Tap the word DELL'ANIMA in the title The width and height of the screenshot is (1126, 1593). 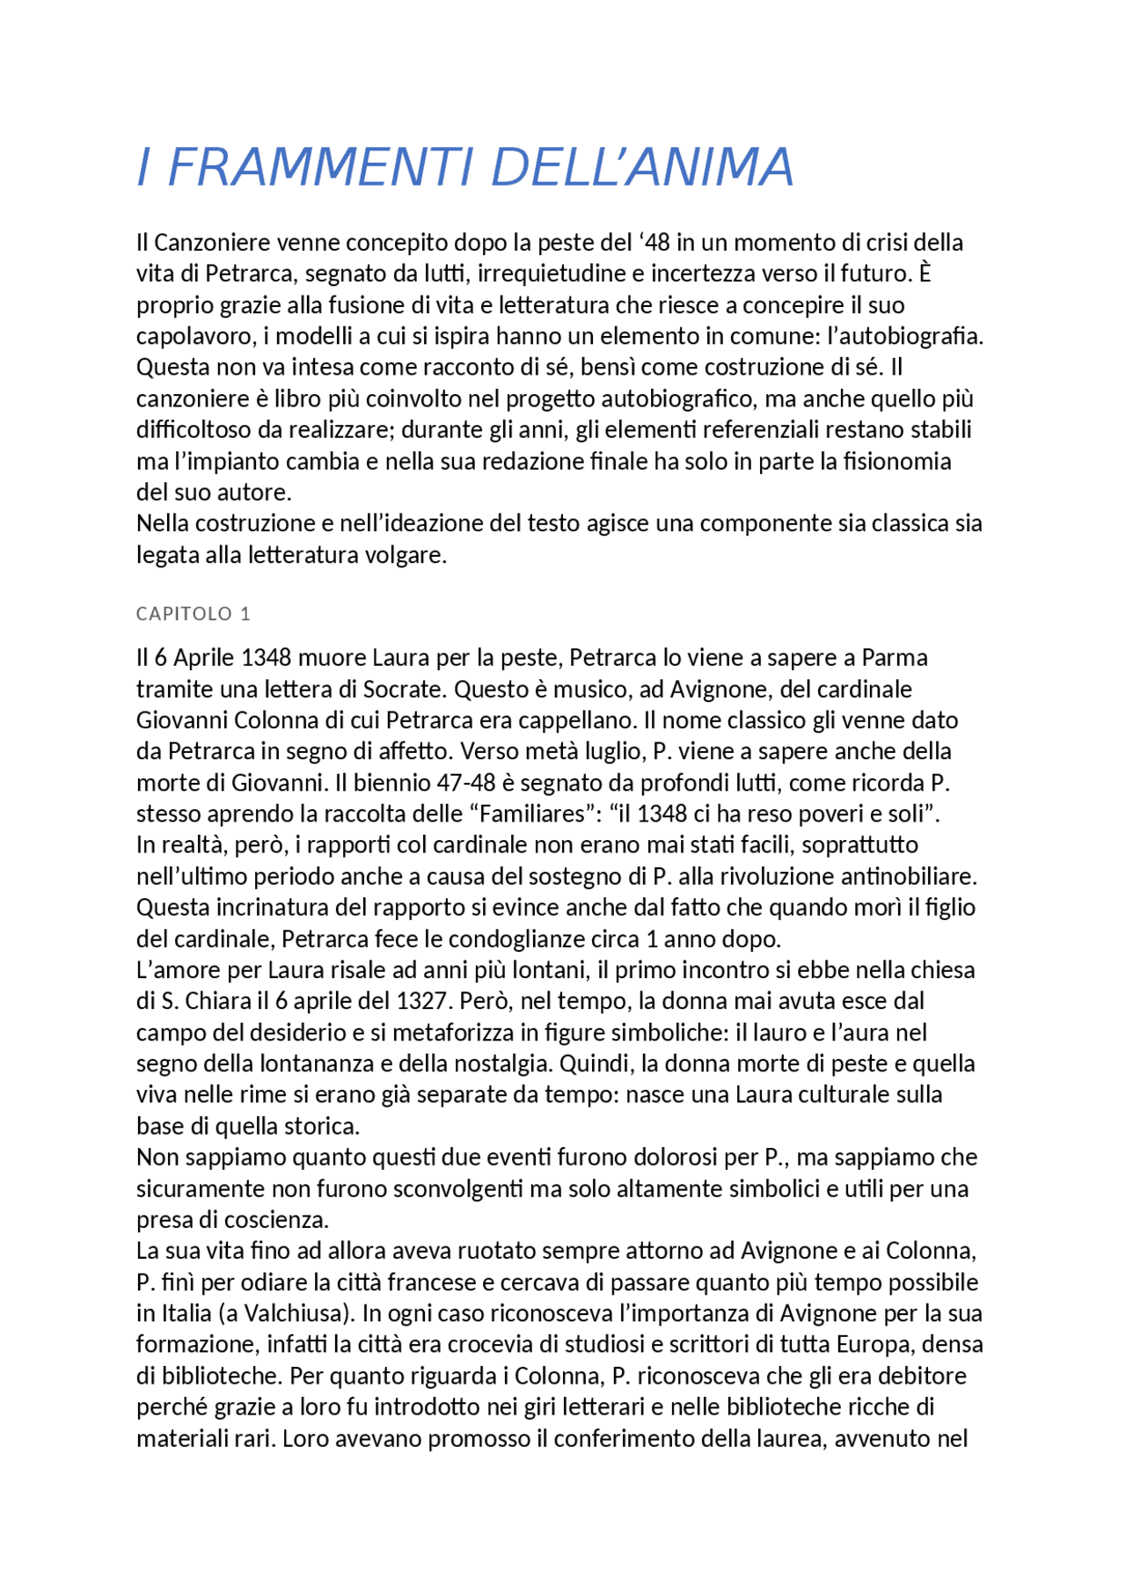(642, 167)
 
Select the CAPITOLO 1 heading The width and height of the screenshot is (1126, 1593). (194, 614)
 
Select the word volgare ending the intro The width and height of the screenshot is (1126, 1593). (406, 555)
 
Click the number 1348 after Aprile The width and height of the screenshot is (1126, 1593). (266, 658)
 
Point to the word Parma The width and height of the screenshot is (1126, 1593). (895, 658)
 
